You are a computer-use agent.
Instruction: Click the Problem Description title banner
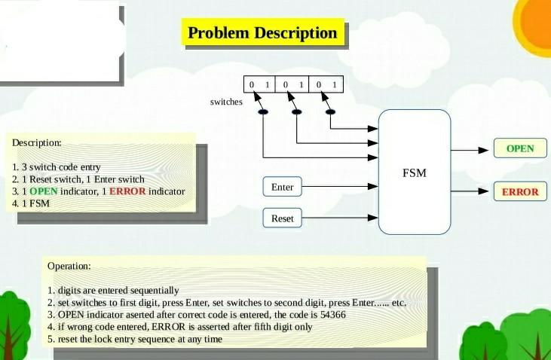262,34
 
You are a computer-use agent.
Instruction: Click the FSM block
414,172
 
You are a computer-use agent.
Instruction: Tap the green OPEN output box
519,148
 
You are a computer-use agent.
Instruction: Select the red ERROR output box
519,191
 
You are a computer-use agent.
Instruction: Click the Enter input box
282,187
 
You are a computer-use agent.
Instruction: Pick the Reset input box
282,219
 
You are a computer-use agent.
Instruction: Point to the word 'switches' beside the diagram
226,102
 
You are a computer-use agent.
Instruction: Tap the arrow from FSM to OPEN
471,149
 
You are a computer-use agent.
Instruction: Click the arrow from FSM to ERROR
471,191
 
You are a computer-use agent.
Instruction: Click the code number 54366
332,315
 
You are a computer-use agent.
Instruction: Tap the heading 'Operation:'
69,266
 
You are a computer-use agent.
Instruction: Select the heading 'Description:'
37,142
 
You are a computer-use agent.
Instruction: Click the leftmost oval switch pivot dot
263,112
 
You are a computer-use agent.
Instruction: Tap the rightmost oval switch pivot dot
329,112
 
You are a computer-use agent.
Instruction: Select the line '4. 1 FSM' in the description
30,203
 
